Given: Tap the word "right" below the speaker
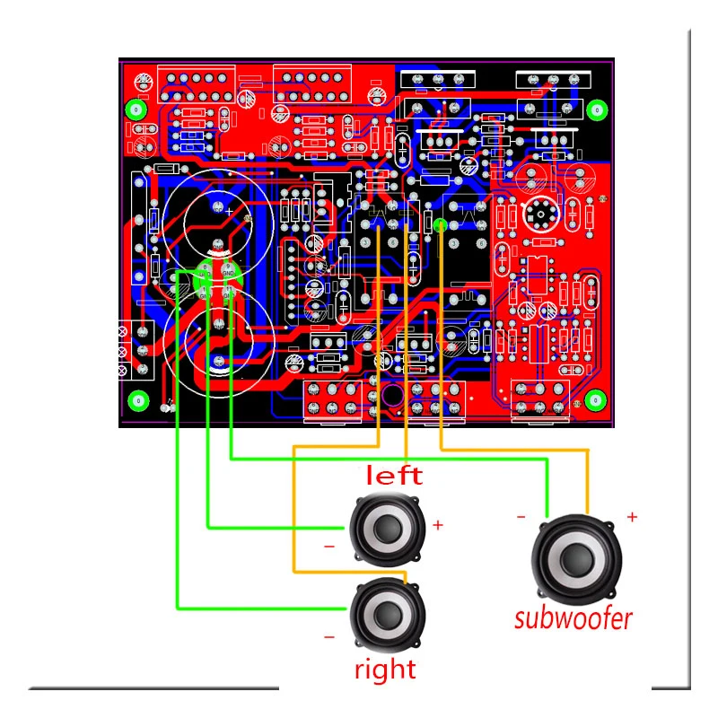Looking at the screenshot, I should (385, 670).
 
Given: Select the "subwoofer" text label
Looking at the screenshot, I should (574, 617).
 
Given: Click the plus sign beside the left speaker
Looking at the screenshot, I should (438, 525).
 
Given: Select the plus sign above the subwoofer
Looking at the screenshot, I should (631, 517).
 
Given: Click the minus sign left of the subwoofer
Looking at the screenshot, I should (520, 517).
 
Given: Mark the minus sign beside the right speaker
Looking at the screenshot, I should (328, 636).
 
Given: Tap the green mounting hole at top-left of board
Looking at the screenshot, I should (136, 109).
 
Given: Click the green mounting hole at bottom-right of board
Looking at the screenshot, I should (593, 399).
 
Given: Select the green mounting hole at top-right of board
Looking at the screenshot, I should (595, 109).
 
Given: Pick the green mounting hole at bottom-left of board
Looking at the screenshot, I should (137, 400).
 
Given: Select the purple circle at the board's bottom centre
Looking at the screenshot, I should (392, 396).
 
